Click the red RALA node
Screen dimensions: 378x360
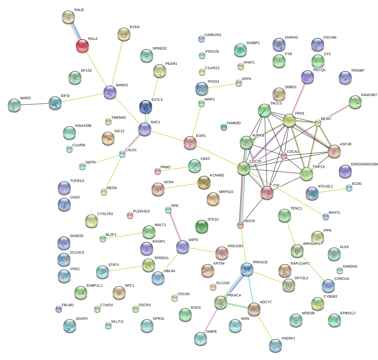[x=82, y=46]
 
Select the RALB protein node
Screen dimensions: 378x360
[x=68, y=17]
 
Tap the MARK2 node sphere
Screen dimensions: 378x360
[x=110, y=92]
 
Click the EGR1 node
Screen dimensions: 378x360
[x=190, y=142]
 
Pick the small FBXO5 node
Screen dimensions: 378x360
[x=240, y=225]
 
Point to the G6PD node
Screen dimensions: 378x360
[x=183, y=247]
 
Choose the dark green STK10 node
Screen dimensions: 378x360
[x=202, y=226]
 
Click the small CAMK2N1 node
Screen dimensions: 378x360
[x=201, y=39]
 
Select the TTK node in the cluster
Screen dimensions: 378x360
[x=267, y=193]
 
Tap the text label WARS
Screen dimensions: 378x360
[x=25, y=98]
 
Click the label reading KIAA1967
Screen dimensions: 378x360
[x=369, y=95]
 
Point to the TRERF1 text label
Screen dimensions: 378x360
[x=288, y=339]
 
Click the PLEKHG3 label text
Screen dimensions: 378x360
[x=141, y=211]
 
